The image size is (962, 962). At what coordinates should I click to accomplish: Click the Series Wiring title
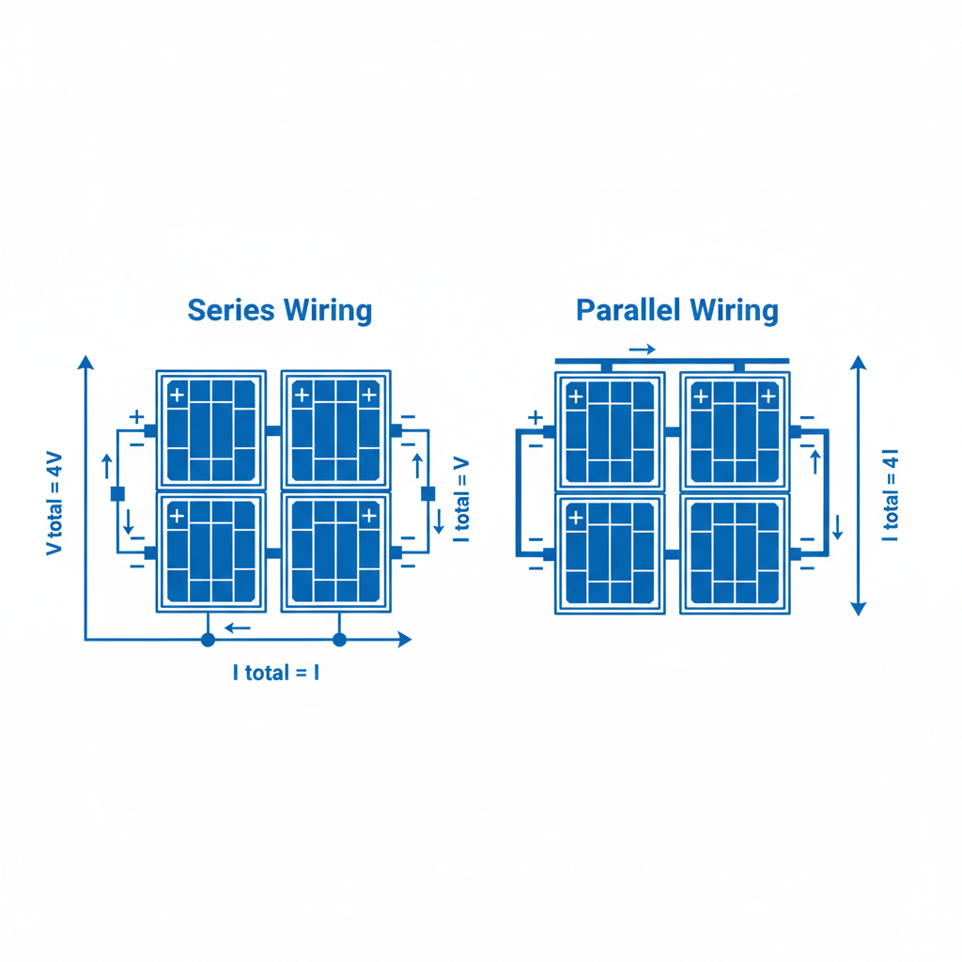click(x=280, y=311)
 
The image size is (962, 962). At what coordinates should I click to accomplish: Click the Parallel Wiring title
click(x=677, y=310)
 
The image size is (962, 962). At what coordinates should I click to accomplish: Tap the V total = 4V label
click(x=54, y=504)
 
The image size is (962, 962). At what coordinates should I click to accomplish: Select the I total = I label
click(x=276, y=673)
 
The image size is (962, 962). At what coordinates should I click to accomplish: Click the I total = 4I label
click(x=890, y=495)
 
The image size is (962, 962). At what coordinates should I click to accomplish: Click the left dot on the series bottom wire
click(x=208, y=640)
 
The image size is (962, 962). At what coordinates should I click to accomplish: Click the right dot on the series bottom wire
click(x=340, y=640)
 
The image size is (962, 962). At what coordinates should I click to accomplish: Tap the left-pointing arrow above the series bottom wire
click(x=238, y=627)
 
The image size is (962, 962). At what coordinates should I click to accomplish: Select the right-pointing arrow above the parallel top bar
click(x=643, y=349)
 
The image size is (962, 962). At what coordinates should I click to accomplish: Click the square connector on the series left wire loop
click(x=117, y=493)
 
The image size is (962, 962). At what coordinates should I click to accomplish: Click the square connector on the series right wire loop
click(x=428, y=493)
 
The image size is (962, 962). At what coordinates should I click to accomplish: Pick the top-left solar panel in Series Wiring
click(x=210, y=430)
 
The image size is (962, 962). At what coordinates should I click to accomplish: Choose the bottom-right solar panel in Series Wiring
click(x=336, y=552)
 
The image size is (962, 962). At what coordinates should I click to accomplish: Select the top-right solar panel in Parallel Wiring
click(x=735, y=430)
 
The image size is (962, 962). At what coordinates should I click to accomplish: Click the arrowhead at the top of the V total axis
click(x=85, y=364)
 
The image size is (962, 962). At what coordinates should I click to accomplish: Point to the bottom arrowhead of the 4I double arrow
click(x=857, y=608)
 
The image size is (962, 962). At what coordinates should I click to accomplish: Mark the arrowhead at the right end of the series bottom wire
click(x=405, y=640)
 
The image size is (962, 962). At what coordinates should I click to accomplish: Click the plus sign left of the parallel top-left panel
click(x=535, y=417)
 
